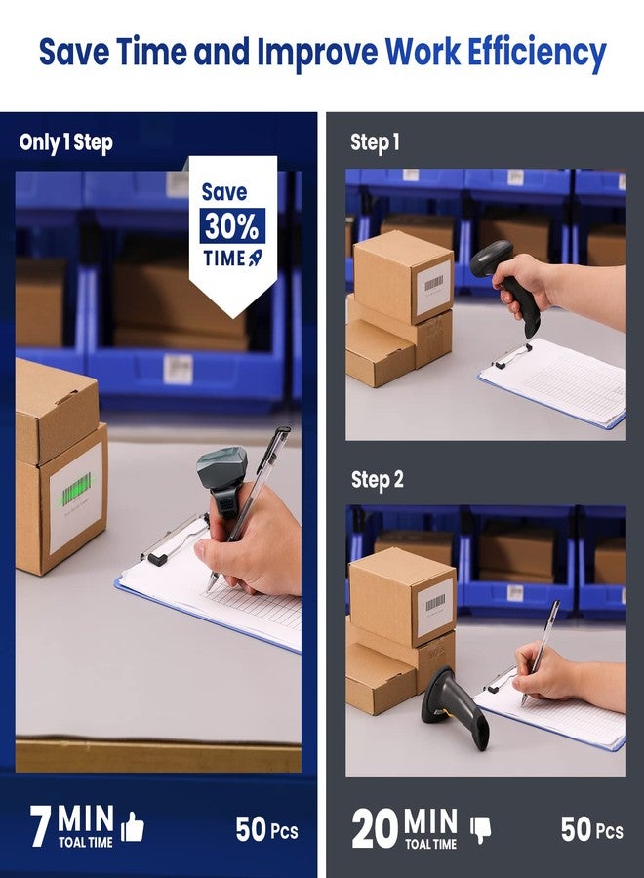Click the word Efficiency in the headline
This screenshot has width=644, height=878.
537,53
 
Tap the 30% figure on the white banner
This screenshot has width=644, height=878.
232,226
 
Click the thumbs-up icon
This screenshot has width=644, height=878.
133,826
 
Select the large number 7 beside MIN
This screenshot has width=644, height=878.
40,826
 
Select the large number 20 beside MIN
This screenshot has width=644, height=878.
374,828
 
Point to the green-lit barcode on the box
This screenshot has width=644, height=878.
76,488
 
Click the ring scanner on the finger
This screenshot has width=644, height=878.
222,482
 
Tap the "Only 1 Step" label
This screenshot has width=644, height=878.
66,142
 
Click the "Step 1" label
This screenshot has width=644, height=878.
376,142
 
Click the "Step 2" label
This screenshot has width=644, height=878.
378,480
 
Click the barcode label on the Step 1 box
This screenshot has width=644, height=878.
433,287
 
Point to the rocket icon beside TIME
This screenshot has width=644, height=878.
255,259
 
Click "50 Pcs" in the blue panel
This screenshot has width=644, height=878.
266,829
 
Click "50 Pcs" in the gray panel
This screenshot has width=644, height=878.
592,829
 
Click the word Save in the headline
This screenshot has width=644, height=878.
74,52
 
